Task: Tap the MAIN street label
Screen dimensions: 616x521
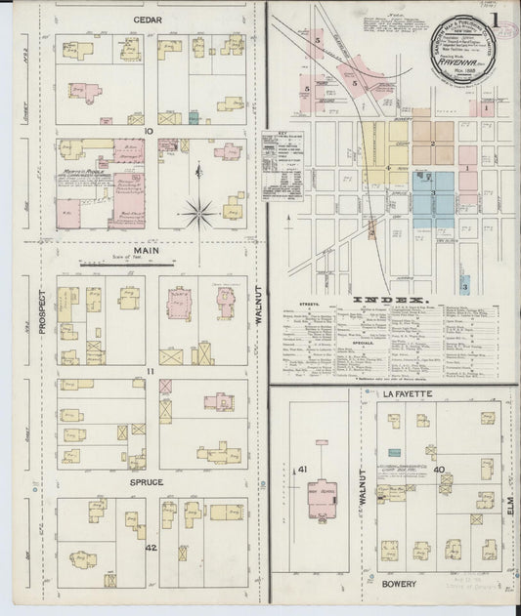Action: pos(147,250)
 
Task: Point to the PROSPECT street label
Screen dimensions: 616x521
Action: pos(41,310)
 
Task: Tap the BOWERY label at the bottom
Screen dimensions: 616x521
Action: pos(399,584)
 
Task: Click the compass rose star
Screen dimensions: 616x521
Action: pos(197,207)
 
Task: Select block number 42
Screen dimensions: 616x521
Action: pos(151,548)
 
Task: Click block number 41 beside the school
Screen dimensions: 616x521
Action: pos(303,470)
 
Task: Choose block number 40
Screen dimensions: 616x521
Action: pos(440,471)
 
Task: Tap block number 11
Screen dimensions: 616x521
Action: pos(150,372)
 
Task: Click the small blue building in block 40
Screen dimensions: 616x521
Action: pos(393,453)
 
